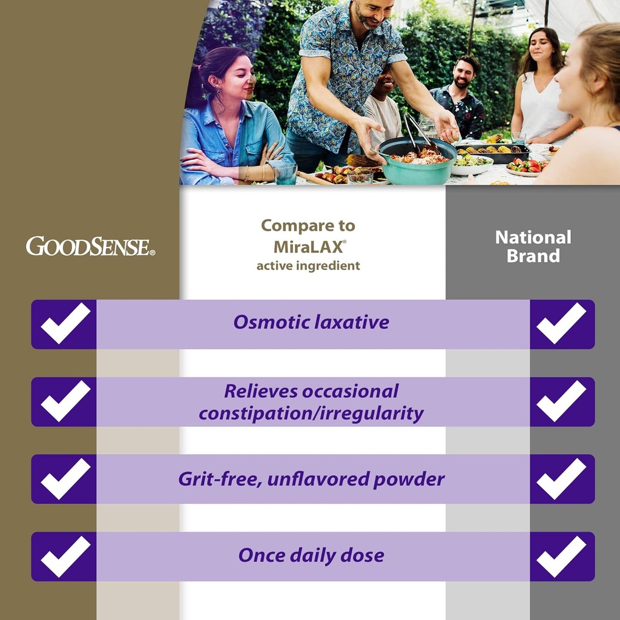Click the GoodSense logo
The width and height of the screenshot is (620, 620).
(x=90, y=246)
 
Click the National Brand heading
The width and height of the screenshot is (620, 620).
(x=533, y=246)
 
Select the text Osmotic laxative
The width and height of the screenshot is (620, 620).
(x=311, y=322)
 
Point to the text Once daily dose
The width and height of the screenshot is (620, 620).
(x=311, y=555)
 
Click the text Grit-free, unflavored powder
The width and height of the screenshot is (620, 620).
(x=311, y=479)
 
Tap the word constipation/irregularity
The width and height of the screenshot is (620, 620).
(x=311, y=414)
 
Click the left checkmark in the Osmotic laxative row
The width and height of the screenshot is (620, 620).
(x=65, y=323)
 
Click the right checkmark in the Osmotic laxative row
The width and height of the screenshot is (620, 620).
(x=561, y=323)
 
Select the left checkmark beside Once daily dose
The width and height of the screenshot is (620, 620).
(x=65, y=556)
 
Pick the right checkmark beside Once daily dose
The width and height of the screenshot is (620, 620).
(x=561, y=556)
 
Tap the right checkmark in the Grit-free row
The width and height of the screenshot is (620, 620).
(x=561, y=478)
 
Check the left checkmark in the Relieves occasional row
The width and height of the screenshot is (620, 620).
(x=65, y=401)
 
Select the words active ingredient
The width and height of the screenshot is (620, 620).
(x=308, y=265)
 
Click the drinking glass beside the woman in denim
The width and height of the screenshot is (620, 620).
(x=285, y=173)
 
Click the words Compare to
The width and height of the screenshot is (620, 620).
(x=308, y=226)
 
